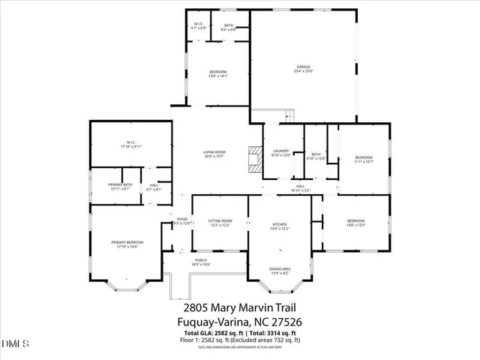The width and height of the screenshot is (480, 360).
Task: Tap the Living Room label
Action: (x=214, y=151)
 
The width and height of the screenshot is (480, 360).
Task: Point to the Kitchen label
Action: (x=280, y=224)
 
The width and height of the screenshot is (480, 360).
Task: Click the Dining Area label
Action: (x=280, y=269)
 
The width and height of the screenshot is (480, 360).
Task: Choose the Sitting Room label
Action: (x=220, y=220)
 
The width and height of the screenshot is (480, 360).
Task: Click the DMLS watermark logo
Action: (x=15, y=344)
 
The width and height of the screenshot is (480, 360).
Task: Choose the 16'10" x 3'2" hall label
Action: (x=299, y=190)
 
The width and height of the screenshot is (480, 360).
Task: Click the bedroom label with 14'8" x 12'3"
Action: (x=355, y=223)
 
